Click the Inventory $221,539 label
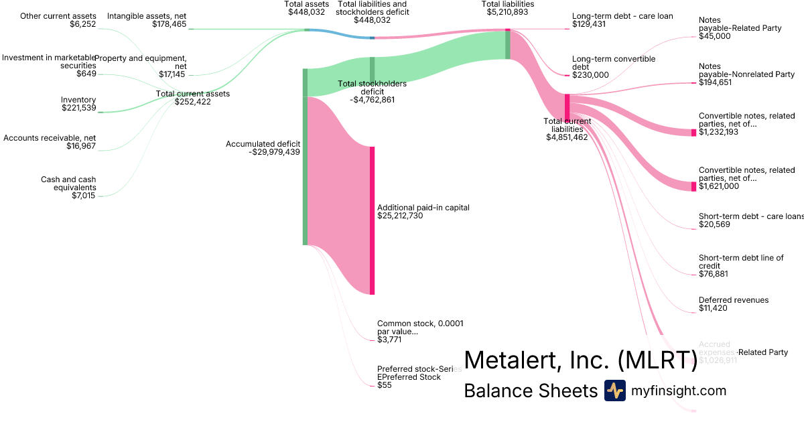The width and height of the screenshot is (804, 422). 78,104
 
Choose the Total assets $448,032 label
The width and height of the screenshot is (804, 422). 306,8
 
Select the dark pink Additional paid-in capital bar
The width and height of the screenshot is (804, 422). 372,220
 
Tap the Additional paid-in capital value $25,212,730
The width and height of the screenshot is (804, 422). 400,216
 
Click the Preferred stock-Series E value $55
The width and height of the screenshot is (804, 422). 384,385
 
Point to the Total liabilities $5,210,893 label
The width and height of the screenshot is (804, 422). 507,8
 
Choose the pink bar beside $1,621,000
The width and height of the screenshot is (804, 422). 693,186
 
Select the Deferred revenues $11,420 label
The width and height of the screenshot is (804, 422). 733,304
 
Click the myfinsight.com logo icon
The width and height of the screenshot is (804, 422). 614,391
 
